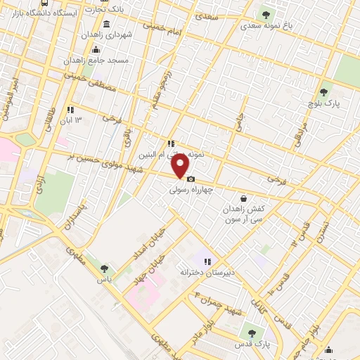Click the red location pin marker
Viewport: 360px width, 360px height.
[x=181, y=166]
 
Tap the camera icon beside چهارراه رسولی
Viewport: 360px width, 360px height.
[x=191, y=179]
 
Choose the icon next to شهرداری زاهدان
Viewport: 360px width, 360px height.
[x=96, y=49]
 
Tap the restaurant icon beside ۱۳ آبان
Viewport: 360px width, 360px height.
[x=70, y=110]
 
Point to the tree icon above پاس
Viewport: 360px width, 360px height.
[x=104, y=268]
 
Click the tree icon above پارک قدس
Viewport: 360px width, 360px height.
[x=252, y=331]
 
